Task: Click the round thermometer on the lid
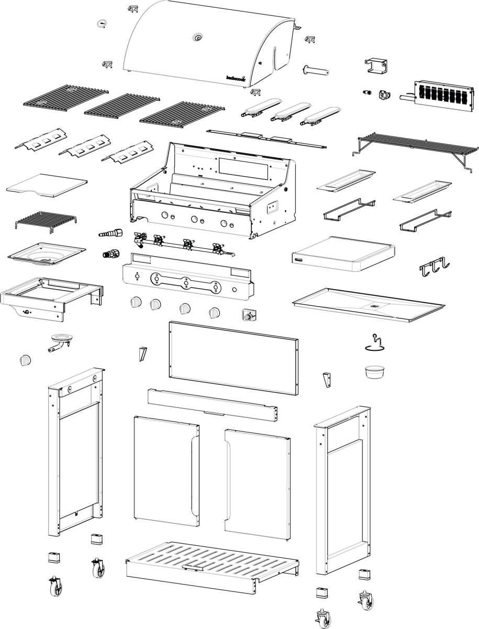(197, 37)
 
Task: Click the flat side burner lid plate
(47, 185)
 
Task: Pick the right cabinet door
(258, 484)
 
